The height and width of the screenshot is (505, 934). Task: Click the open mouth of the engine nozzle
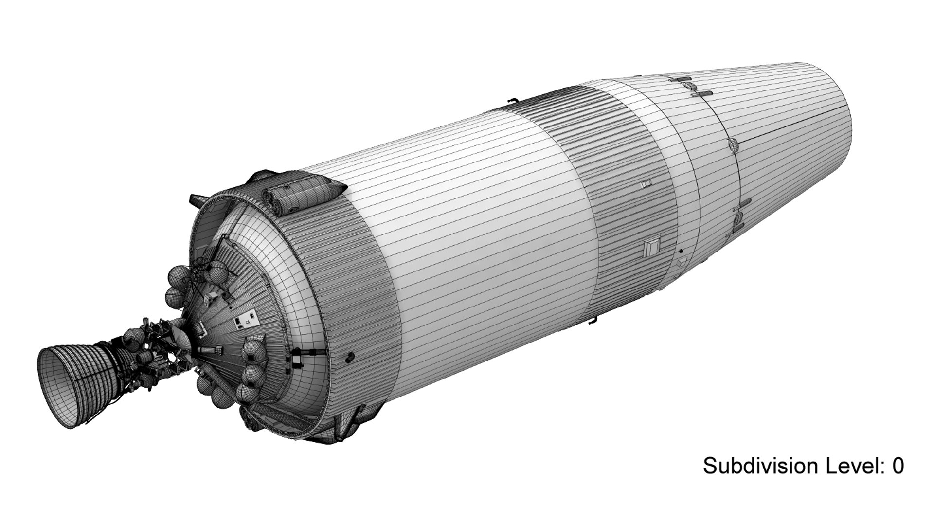click(x=58, y=387)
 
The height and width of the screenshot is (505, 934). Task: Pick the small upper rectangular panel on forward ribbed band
click(x=646, y=184)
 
